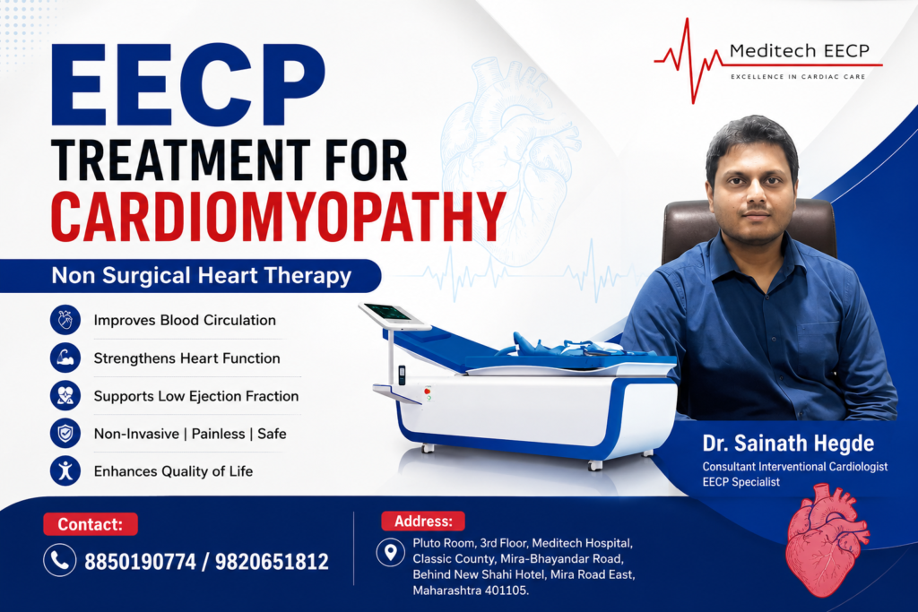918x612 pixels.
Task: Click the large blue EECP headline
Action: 188,84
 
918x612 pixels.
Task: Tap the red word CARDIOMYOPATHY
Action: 278,216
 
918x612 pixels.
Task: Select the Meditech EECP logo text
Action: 799,51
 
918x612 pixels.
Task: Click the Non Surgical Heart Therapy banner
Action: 190,276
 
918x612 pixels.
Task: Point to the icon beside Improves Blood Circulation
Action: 65,320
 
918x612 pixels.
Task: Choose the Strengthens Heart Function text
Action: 186,358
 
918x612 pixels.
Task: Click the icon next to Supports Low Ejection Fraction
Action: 65,395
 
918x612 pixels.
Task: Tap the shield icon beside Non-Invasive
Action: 65,434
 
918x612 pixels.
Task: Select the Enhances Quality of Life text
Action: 173,471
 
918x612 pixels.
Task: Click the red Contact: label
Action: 91,524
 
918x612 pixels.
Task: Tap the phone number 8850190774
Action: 140,562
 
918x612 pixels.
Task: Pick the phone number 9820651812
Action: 272,562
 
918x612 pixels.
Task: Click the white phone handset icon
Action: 60,561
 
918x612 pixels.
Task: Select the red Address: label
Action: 423,521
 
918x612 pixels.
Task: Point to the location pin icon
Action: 391,552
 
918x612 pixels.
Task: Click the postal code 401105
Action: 506,590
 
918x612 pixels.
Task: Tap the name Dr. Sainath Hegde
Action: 788,444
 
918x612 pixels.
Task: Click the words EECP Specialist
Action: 741,482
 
